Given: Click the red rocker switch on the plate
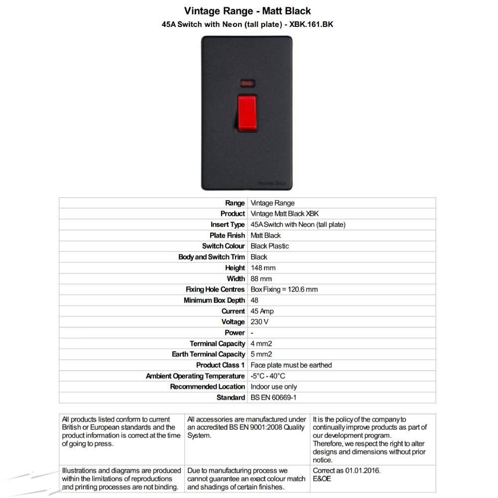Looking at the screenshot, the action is coord(247,113).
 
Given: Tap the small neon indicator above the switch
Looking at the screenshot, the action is coord(247,84).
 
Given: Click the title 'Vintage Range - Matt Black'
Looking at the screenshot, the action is coord(248,11).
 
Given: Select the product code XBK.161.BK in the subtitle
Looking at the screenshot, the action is coord(311,24).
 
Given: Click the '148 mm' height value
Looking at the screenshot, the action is coord(263,268).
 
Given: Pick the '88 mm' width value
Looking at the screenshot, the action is coord(261,278).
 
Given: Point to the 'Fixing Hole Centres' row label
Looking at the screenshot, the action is coord(215,289).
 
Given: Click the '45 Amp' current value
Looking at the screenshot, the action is coord(262,311).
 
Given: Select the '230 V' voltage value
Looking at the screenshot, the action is coord(259,322).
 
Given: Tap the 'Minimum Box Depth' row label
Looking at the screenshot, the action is coord(214,300).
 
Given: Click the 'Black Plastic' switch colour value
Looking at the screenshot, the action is coord(269,246).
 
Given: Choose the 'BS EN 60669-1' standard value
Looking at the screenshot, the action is coord(273,397).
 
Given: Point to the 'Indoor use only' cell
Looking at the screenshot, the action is coord(274,387).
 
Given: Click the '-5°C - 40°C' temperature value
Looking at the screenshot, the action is coord(268,376).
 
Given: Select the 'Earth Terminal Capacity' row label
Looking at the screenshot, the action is coord(208,354).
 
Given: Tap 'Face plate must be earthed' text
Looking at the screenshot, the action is coord(291,365).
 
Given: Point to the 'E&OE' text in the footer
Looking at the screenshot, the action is coord(322,479).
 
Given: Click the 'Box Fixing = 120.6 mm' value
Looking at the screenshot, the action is coord(284,289).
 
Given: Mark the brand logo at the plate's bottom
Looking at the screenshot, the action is coord(272,183).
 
